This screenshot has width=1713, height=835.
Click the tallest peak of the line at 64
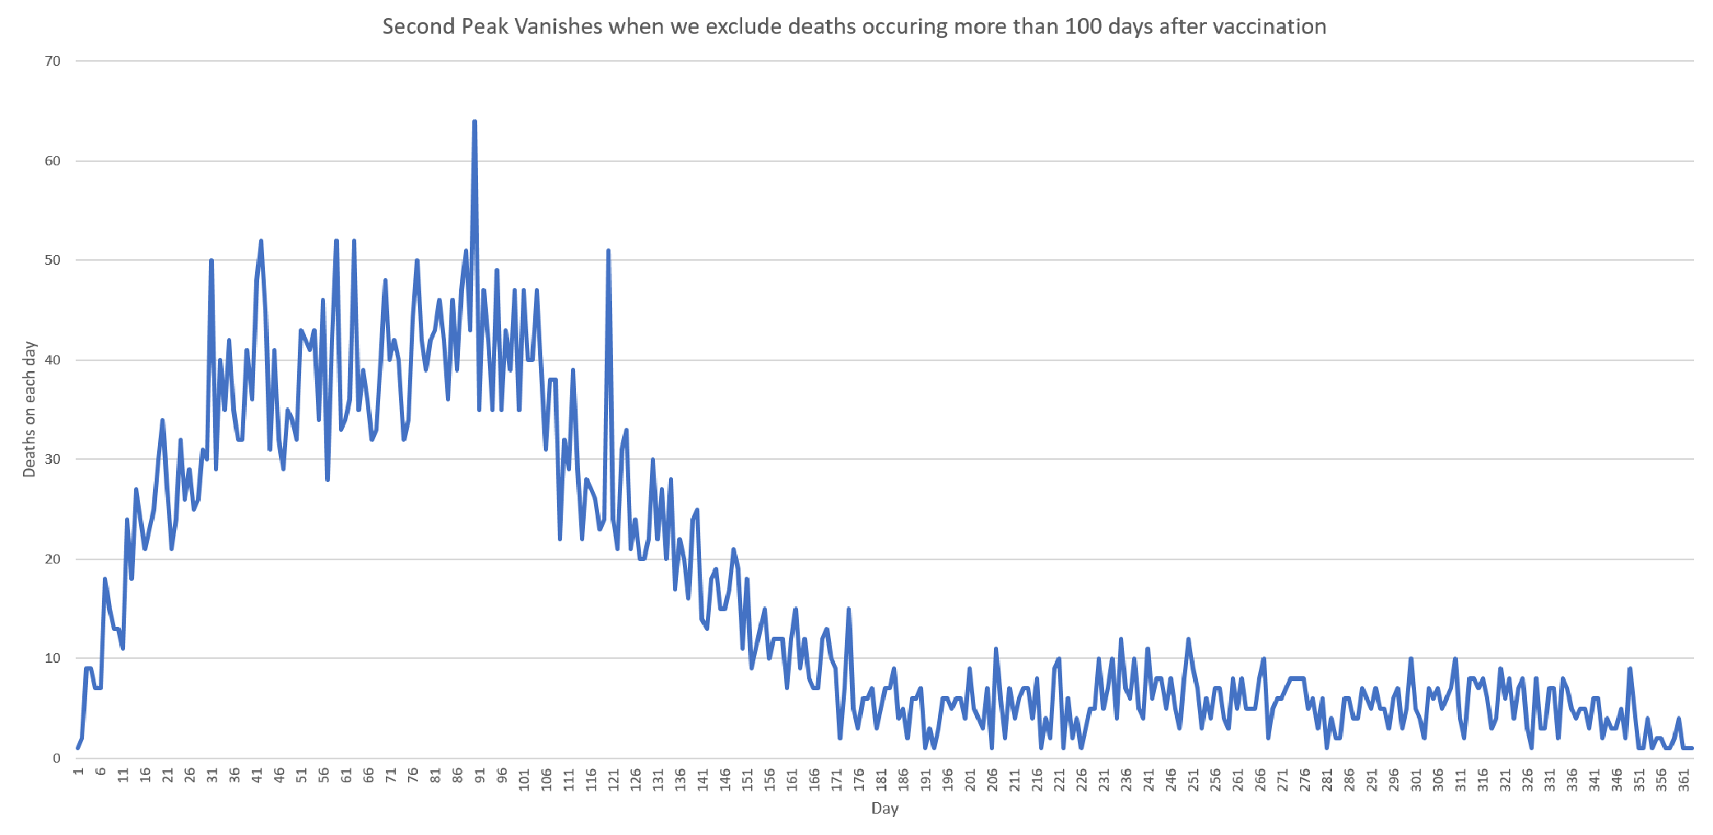(475, 123)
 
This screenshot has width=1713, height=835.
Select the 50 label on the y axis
(53, 260)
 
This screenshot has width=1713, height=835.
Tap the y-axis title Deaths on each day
(30, 409)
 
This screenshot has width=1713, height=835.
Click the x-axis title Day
(884, 808)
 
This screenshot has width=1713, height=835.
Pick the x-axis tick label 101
(524, 781)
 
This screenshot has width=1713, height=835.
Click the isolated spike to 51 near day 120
(608, 251)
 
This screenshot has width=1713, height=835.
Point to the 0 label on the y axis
(57, 758)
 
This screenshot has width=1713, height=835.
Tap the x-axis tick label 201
(970, 781)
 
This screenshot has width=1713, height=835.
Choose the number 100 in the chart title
(1079, 26)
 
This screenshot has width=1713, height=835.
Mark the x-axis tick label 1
(78, 773)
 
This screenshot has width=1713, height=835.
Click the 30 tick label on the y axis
(53, 459)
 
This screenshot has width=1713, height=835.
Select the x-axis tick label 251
(1193, 781)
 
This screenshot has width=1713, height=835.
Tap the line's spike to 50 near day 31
(211, 261)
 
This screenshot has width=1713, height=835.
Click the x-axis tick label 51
(301, 777)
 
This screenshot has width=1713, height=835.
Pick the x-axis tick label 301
(1416, 781)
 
